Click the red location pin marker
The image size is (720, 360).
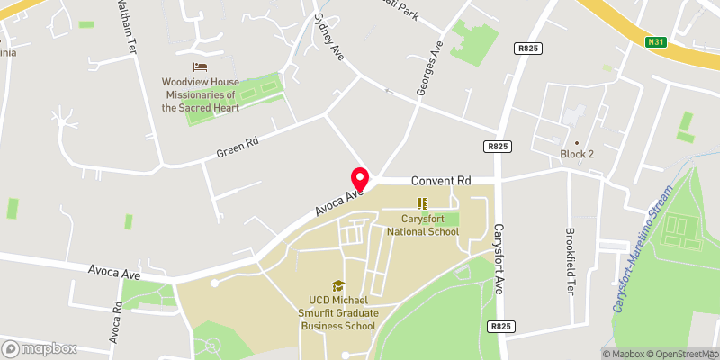[360, 178]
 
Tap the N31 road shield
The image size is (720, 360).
[656, 41]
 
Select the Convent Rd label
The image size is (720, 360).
[442, 181]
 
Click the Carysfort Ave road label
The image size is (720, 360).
[499, 260]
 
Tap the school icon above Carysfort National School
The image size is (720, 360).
[422, 204]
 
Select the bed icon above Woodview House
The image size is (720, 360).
[199, 67]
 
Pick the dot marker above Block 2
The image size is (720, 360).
[578, 142]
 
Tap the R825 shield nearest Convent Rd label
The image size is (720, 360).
[497, 146]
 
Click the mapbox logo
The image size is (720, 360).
[40, 348]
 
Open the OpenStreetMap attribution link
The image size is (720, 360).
[683, 354]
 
